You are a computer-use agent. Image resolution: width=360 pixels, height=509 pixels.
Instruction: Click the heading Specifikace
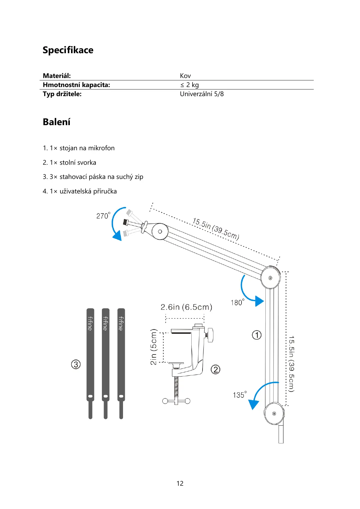pos(68,50)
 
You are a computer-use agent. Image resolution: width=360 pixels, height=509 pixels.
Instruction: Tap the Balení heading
pos(57,122)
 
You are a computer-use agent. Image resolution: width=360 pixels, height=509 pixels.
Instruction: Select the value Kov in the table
pos(185,76)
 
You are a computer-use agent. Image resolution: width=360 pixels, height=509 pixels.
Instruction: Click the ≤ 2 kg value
pos(189,85)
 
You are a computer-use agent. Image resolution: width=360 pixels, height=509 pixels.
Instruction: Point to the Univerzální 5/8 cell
pos(202,94)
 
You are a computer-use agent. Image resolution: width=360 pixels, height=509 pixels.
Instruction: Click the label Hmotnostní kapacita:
pos(76,85)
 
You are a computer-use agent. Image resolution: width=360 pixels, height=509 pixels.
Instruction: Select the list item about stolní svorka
pos(70,163)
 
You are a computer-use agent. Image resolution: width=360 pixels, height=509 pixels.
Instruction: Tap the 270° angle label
pos(103,216)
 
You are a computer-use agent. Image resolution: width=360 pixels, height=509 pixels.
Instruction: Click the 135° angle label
pos(239,395)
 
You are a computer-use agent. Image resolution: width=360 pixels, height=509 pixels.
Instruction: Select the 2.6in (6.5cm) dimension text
pos(186,307)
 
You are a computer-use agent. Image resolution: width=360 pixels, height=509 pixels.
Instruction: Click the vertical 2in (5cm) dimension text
pos(154,347)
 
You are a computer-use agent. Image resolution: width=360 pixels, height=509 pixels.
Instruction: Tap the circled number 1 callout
pos(257,335)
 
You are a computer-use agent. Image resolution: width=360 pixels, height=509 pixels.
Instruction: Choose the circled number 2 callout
pos(215,369)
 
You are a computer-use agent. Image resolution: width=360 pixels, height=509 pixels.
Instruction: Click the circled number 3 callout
pos(76,364)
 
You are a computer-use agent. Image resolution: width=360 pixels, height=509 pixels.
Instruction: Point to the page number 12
pos(180,484)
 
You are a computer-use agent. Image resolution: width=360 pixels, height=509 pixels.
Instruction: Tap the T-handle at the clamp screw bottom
pos(176,401)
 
